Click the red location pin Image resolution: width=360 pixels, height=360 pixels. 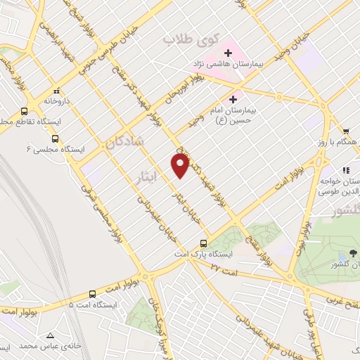point(180,165)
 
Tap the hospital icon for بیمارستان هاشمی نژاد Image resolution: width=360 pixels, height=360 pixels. point(228,53)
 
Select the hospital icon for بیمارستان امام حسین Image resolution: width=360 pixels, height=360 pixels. point(233,100)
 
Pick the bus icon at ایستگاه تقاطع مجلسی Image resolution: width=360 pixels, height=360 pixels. point(25,111)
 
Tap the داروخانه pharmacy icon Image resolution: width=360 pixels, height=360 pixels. point(57,91)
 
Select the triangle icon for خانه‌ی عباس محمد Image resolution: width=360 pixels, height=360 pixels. point(50,335)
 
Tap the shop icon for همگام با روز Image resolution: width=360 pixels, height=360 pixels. point(346,131)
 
